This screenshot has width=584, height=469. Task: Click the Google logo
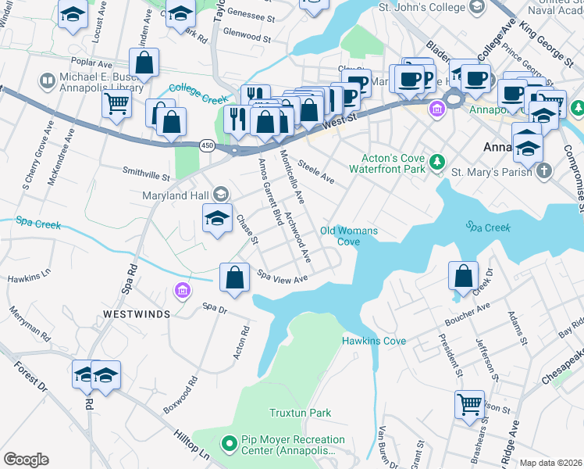click(x=26, y=460)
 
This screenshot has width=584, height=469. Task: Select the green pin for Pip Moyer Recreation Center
click(x=229, y=444)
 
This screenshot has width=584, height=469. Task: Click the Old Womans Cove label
click(x=349, y=236)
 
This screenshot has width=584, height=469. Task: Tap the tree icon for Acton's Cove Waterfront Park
click(x=437, y=161)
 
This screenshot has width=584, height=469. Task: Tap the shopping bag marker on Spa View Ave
click(x=235, y=277)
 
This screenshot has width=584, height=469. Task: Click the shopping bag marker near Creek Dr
click(x=464, y=276)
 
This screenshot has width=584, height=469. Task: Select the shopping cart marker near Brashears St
click(x=469, y=405)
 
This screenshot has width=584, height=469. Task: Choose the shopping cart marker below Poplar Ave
click(x=116, y=102)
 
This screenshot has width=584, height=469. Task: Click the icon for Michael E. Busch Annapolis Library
click(x=47, y=81)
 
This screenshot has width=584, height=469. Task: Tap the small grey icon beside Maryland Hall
click(x=221, y=194)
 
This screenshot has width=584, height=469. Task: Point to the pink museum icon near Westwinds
click(x=182, y=291)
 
